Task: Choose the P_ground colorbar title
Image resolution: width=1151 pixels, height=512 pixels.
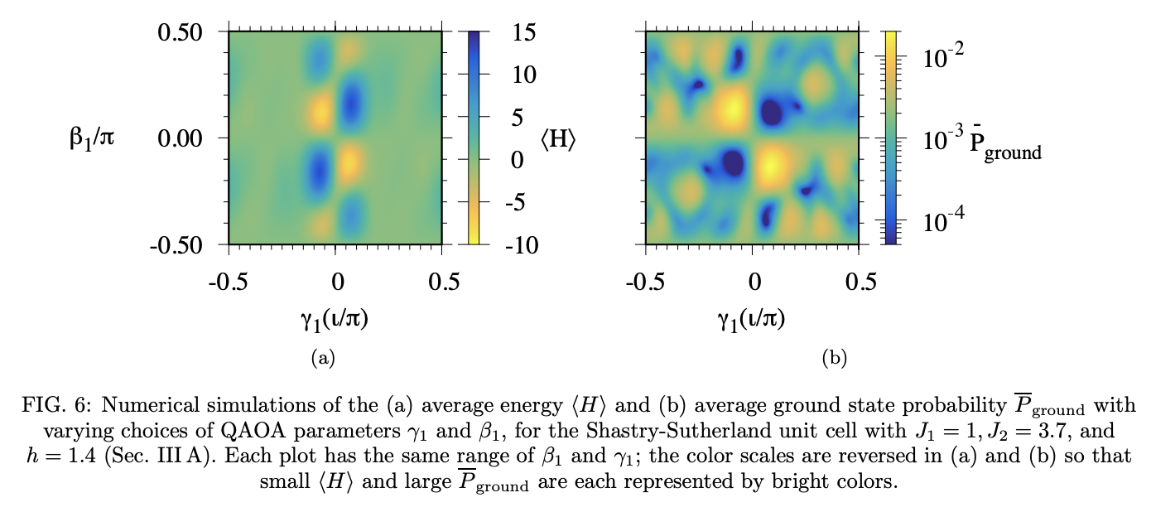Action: click(1005, 147)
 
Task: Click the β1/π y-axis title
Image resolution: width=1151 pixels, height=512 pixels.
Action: click(91, 138)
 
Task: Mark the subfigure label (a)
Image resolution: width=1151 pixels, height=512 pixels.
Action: click(321, 358)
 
